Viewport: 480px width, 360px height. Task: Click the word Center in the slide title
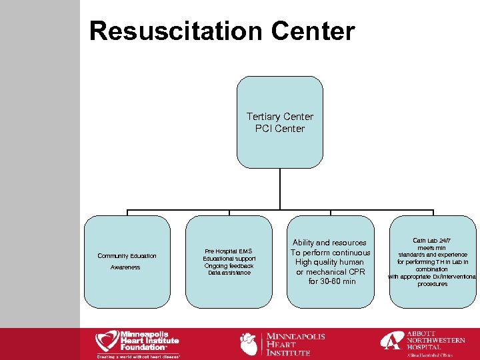[x=313, y=31]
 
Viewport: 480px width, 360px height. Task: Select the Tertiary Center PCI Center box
[x=280, y=153]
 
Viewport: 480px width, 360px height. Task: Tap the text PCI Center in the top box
[x=280, y=129]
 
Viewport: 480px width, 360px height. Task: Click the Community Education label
[x=127, y=256]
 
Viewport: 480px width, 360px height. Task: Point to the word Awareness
[x=125, y=267]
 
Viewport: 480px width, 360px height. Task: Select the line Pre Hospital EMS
[x=229, y=251]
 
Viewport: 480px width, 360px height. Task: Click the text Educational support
[x=229, y=259]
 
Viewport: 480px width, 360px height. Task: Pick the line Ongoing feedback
[x=229, y=266]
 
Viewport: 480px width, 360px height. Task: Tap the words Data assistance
[x=229, y=273]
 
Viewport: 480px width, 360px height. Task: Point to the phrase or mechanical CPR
[x=331, y=272]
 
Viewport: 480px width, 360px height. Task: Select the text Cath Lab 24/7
[x=431, y=240]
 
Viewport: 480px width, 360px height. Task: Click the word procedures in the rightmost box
[x=432, y=284]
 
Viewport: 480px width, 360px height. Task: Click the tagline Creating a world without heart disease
[x=137, y=357]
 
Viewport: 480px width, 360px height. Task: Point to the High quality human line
[x=331, y=262]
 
